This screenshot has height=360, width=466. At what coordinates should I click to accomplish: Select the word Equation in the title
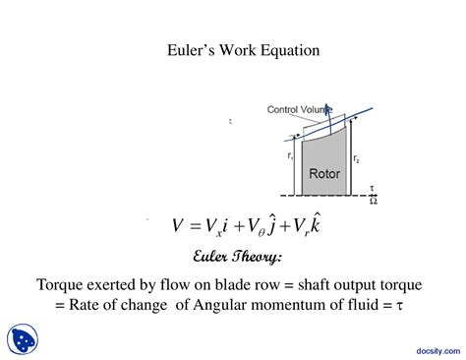286,48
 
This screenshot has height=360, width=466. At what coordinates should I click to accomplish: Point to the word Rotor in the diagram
323,173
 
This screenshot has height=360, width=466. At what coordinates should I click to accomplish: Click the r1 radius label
290,156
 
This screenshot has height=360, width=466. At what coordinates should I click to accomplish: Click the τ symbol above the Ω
372,188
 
